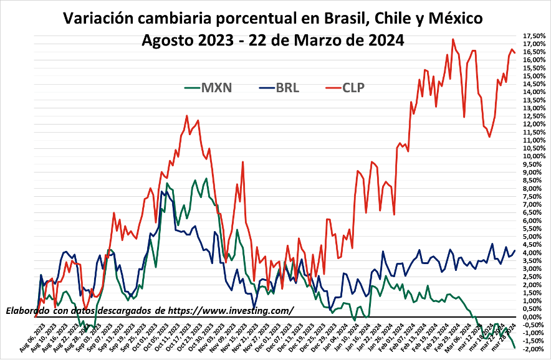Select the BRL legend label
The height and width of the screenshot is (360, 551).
pos(287,88)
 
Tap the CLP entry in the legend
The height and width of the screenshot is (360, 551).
pos(353,88)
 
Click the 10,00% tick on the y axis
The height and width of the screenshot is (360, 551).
pos(535,156)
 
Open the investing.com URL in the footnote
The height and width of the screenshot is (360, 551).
pos(231,310)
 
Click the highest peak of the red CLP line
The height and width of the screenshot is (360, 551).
pos(453,39)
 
